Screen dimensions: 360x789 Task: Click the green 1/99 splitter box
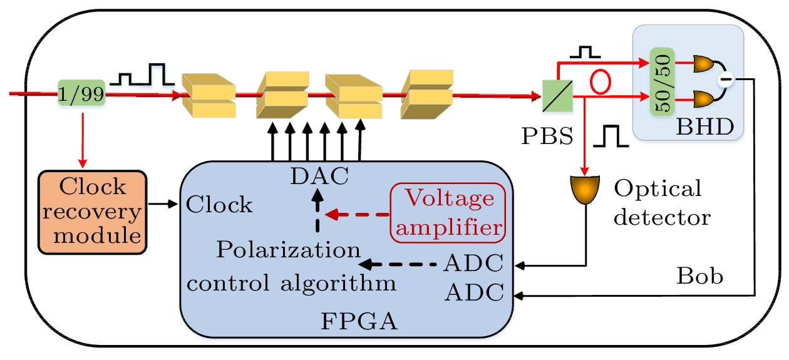tap(81, 95)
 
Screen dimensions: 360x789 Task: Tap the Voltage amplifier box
tap(448, 213)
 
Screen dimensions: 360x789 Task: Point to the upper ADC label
tap(473, 264)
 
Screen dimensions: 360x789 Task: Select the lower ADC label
tap(473, 291)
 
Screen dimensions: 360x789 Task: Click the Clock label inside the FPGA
tap(220, 205)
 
